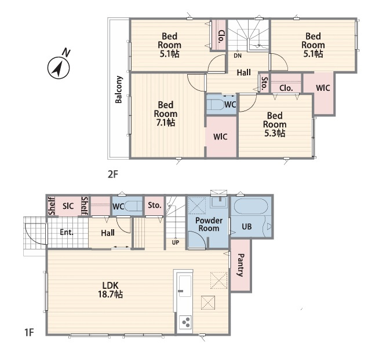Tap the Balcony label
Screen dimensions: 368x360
coord(119,90)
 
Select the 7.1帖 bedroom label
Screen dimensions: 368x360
coord(166,113)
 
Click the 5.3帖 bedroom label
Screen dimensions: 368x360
coord(275,124)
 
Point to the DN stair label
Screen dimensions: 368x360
coord(238,56)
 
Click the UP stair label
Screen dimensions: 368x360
coord(176,243)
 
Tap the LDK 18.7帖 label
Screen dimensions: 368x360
coord(110,290)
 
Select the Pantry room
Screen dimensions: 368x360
coord(241,265)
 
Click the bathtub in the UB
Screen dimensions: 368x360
coord(251,207)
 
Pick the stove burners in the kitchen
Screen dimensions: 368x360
coord(185,322)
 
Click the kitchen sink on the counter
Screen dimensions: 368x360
coord(185,286)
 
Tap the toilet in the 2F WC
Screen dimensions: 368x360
coord(217,105)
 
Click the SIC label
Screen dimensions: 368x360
coord(68,206)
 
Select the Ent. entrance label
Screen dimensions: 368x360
coord(67,232)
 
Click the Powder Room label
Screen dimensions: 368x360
coord(209,225)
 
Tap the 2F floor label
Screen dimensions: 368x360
coord(113,174)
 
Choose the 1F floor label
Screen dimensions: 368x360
coord(30,332)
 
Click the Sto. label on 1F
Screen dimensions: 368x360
coord(154,205)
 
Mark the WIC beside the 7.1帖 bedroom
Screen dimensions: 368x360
coord(220,137)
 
